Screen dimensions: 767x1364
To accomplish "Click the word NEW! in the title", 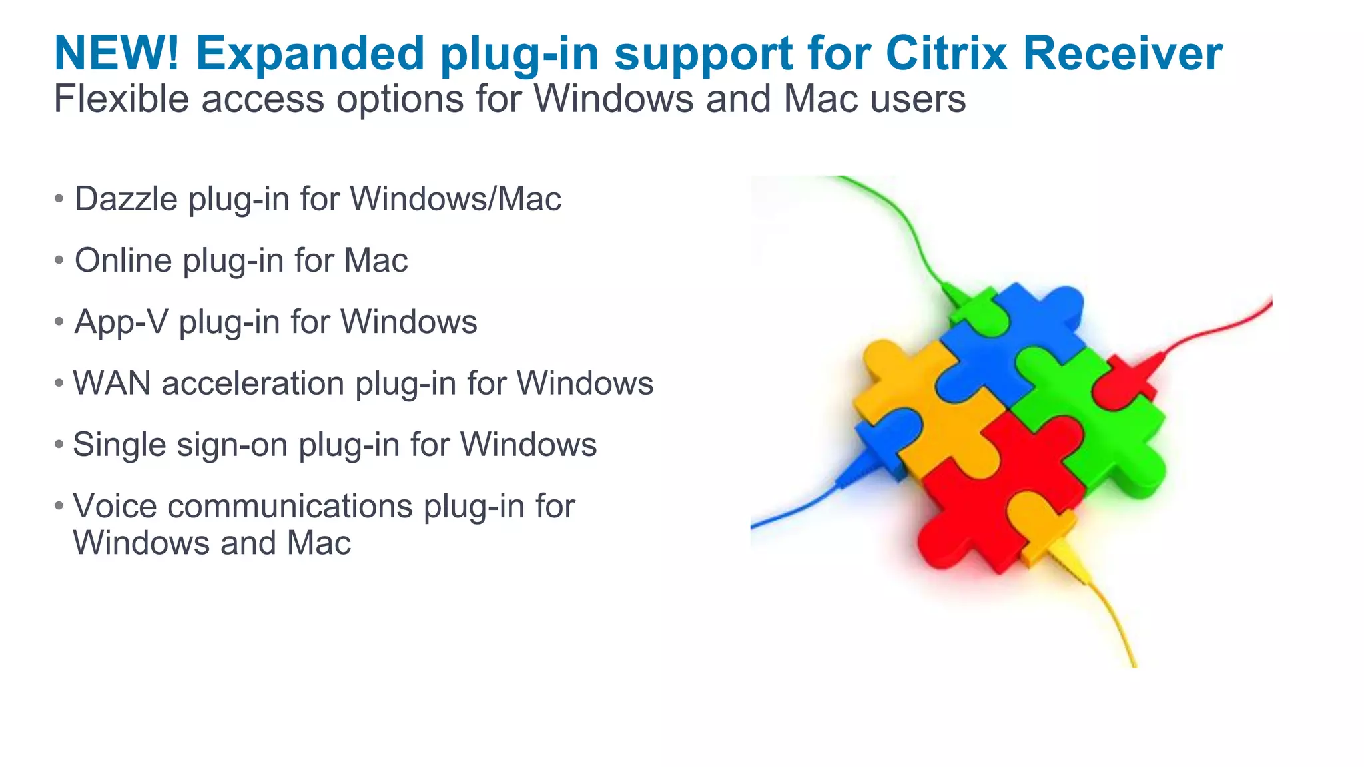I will (x=117, y=53).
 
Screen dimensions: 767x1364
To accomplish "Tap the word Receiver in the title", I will (x=1123, y=53).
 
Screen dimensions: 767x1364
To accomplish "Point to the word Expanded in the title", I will (x=310, y=53).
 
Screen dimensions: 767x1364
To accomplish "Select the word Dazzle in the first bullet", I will (x=126, y=199).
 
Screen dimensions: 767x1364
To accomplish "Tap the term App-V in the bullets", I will (x=121, y=322).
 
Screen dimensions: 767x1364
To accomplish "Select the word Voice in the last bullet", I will (x=115, y=506).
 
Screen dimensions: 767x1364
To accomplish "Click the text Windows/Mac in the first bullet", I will (x=456, y=199).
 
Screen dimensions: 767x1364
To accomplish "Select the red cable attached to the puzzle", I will (x=1225, y=326).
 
